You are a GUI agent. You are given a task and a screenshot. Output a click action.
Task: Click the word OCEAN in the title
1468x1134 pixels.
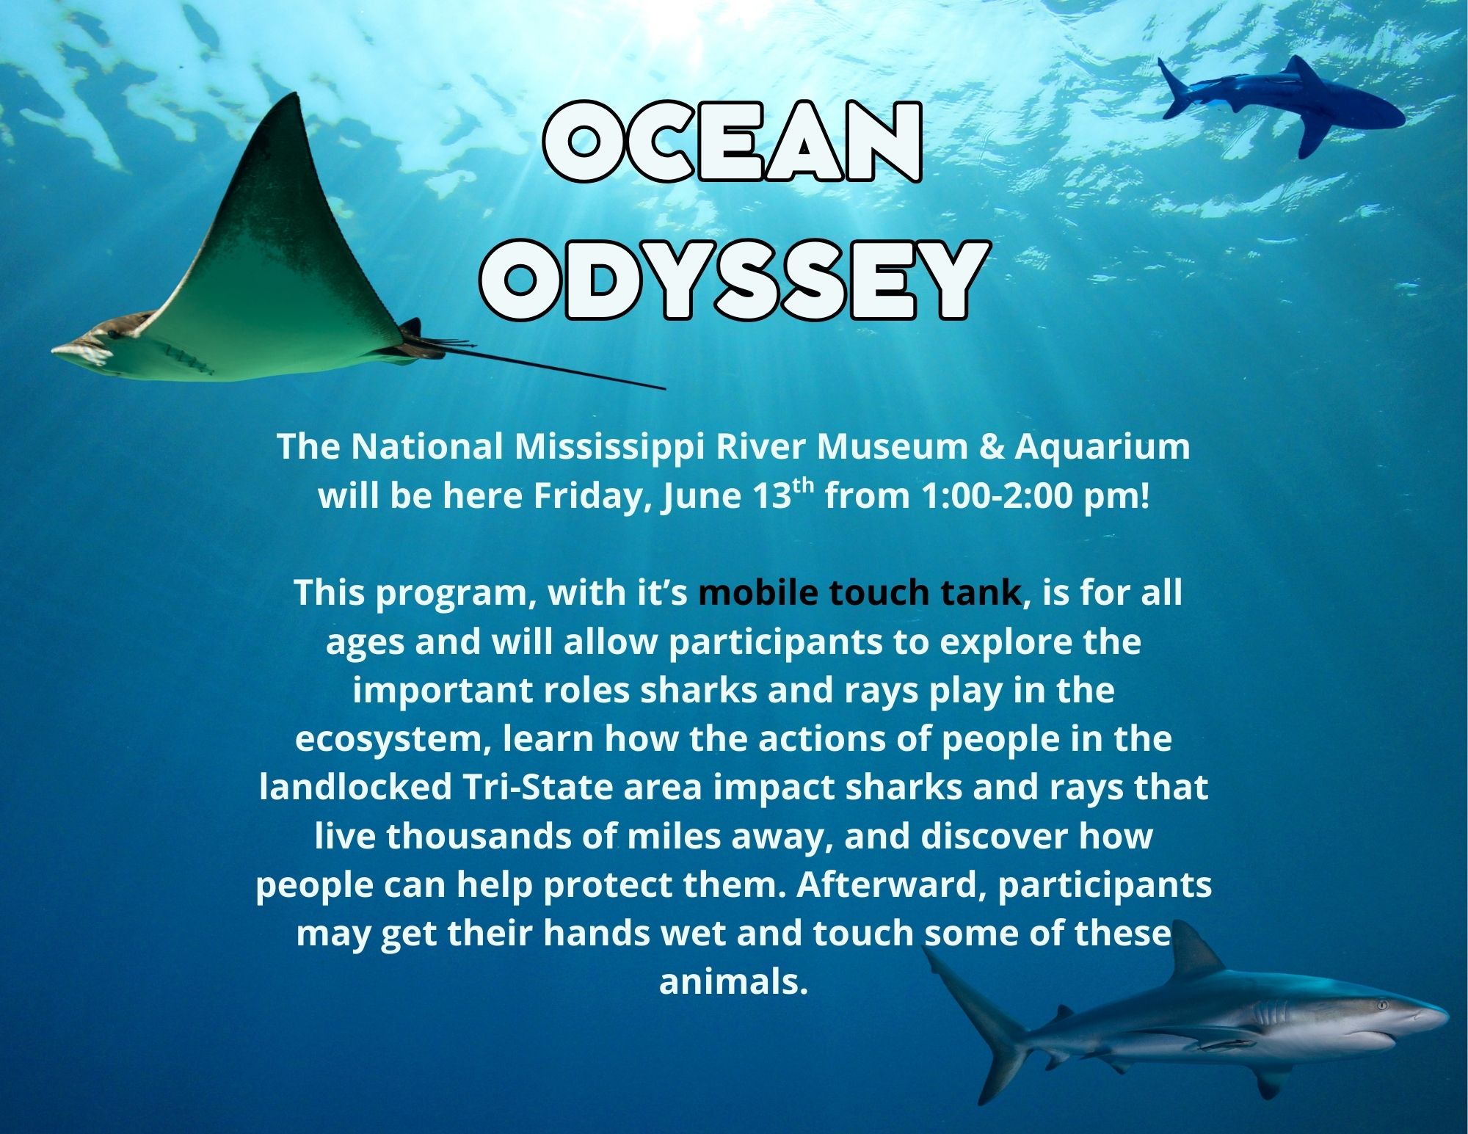732,142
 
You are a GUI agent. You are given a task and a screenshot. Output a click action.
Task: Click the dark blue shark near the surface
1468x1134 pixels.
1281,103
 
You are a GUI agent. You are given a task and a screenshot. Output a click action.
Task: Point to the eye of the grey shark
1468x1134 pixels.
1383,1003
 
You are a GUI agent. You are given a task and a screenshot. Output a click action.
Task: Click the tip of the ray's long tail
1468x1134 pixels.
664,388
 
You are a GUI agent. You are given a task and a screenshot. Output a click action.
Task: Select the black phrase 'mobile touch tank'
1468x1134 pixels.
860,592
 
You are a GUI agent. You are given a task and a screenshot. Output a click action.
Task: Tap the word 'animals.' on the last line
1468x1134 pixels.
733,982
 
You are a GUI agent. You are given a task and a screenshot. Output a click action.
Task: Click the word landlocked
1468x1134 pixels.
356,787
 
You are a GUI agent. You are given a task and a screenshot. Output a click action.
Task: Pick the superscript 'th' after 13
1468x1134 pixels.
804,485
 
